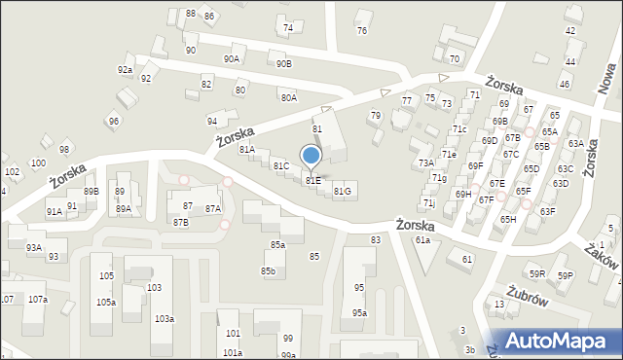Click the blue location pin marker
[x=311, y=156]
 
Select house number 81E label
[x=312, y=180]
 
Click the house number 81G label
[x=342, y=191]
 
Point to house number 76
[x=362, y=31]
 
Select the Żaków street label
[x=604, y=256]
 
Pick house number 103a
[x=164, y=319]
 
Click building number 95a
[x=359, y=312]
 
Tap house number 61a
[x=422, y=239]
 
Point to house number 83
[x=375, y=239]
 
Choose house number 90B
[x=283, y=64]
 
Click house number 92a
[x=125, y=70]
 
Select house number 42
[x=569, y=32]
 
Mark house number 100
[x=38, y=162]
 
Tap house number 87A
[x=213, y=208]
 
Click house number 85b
[x=268, y=270]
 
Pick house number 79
[x=375, y=116]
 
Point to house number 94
[x=211, y=121]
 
